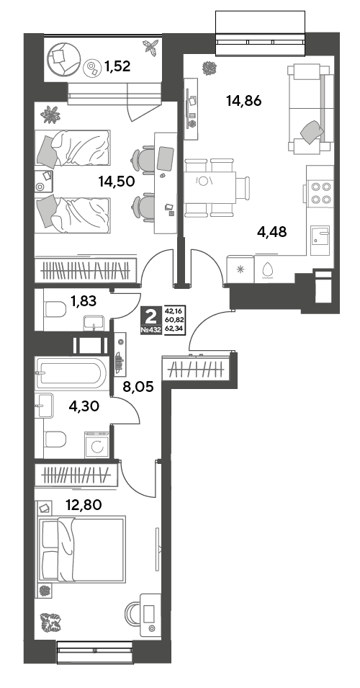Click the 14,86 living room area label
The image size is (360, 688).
[x=244, y=102]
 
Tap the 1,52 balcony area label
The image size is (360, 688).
[x=117, y=66]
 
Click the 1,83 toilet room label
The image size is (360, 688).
[x=84, y=301]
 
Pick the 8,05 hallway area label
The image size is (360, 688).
[x=138, y=388]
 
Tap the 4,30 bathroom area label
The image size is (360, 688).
[x=84, y=406]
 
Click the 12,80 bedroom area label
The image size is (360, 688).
[x=84, y=504]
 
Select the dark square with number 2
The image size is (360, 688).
[x=151, y=315]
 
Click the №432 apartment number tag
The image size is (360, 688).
[x=151, y=330]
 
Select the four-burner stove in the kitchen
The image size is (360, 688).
[x=320, y=192]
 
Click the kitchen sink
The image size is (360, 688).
[x=320, y=239]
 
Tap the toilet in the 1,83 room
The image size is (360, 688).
[x=55, y=309]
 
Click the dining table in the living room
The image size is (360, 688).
[x=210, y=187]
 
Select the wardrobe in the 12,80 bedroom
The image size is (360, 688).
[x=76, y=475]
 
